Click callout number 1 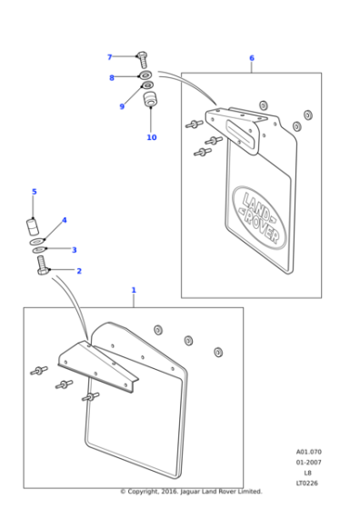134,290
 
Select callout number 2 79,271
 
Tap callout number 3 75,250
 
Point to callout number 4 64,220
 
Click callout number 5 35,192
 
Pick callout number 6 252,58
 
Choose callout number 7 110,57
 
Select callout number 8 112,78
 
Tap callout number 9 121,106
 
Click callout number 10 152,137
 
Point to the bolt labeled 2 43,267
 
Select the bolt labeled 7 142,58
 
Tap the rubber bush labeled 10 151,97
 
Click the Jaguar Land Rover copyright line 191,492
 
